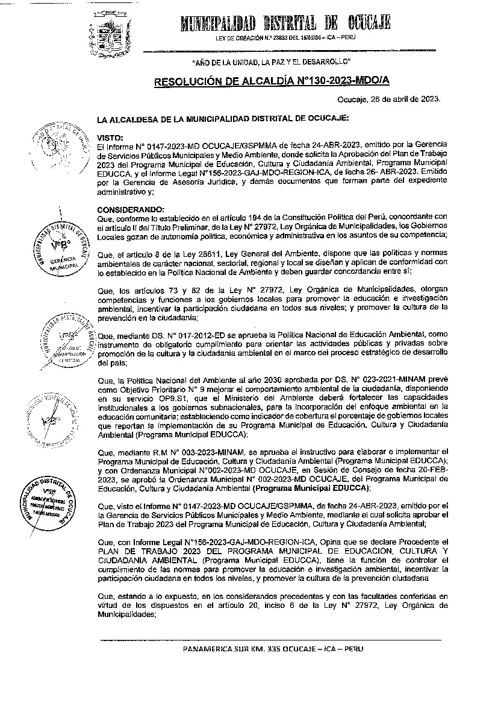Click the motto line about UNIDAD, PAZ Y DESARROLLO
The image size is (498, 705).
click(271, 63)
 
